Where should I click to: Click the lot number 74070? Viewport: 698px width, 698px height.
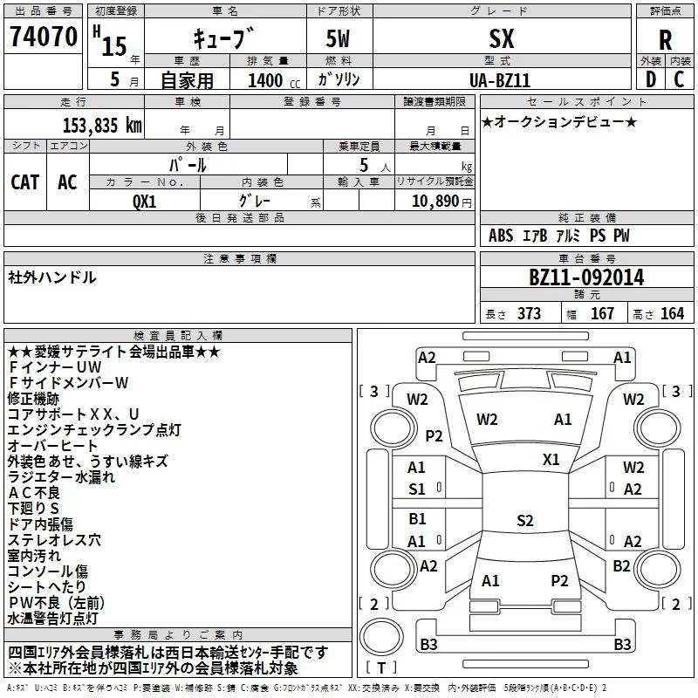point(43,37)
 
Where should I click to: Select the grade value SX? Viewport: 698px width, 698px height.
point(500,39)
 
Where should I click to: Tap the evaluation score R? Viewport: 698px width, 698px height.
point(665,40)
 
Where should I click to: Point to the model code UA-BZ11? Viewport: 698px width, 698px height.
point(500,79)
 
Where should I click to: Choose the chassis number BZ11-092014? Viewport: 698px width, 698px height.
point(586,277)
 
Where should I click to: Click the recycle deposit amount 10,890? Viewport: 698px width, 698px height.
point(433,201)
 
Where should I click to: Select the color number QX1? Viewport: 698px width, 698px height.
point(145,201)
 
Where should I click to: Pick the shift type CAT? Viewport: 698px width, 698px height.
point(25,181)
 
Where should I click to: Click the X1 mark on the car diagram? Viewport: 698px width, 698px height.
point(551,459)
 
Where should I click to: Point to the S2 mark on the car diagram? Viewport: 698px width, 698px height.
point(524,521)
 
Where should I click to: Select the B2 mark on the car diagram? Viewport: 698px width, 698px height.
point(621,565)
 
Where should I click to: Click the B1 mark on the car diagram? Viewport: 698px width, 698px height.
point(417,519)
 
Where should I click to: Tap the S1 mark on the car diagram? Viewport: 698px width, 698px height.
point(417,489)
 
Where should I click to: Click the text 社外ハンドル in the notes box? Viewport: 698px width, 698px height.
point(52,277)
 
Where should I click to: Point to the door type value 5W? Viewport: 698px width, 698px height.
point(338,39)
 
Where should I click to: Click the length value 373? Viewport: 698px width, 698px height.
point(528,313)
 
